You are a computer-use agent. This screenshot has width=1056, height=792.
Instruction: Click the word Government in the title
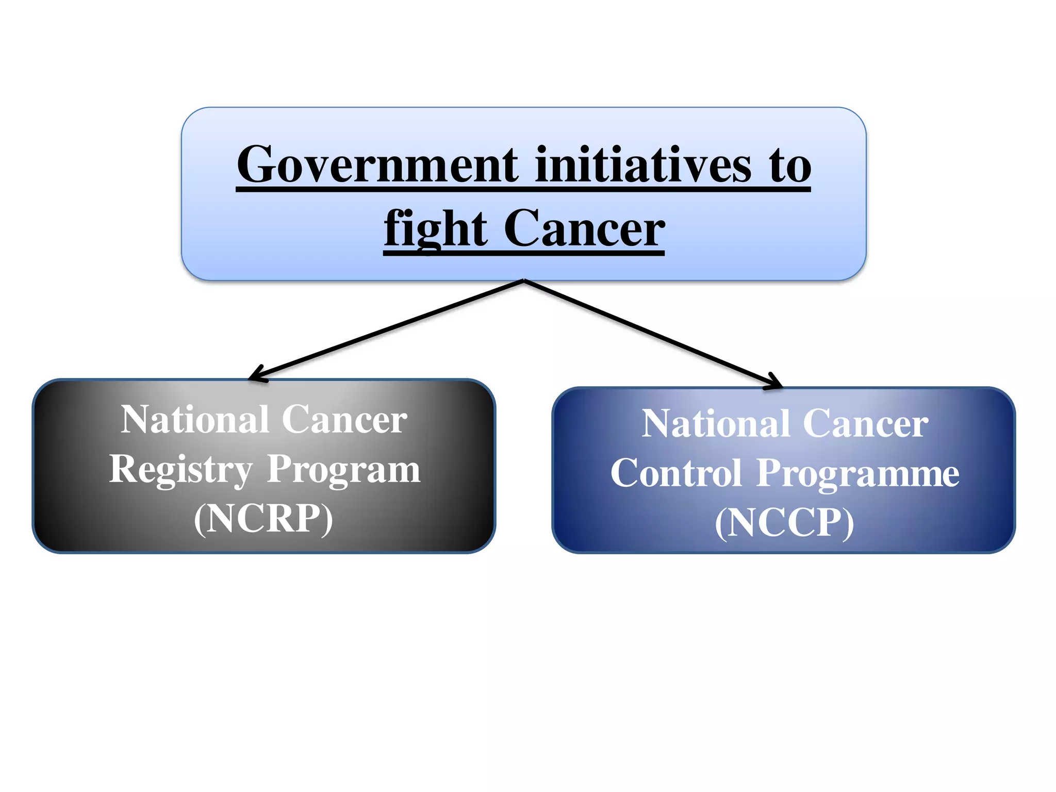pos(377,165)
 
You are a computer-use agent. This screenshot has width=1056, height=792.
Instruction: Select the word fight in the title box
pos(436,229)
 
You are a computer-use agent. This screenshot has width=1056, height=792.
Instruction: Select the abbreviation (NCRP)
pos(263,518)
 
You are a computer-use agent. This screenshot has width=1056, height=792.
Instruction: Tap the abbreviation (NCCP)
pos(784,522)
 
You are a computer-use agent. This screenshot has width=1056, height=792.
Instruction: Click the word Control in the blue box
pos(676,473)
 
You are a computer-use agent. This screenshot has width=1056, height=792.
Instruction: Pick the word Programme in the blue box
pos(858,474)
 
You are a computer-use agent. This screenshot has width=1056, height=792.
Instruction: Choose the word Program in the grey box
pos(343,470)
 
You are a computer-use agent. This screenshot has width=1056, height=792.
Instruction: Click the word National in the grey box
pos(195,420)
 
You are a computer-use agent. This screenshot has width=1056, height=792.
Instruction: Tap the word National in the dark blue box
pos(715,424)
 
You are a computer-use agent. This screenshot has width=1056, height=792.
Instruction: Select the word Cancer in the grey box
pos(344,420)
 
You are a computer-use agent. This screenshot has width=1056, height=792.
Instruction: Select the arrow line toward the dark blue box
pos(650,333)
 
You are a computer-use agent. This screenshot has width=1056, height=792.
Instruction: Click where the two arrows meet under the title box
pos(524,280)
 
